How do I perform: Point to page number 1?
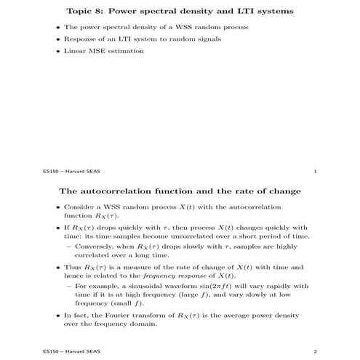point(314,172)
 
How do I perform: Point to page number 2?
point(314,351)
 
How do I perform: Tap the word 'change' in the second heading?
point(280,192)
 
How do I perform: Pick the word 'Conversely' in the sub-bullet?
point(91,247)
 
